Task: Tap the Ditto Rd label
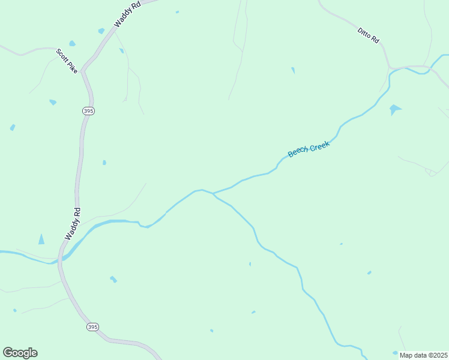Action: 369,35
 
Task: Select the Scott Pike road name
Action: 67,61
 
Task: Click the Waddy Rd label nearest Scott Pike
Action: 129,14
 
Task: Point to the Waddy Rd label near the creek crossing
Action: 73,224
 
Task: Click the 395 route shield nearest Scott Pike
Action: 89,111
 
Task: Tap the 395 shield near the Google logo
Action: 92,327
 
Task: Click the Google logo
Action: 20,353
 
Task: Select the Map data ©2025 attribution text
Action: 424,355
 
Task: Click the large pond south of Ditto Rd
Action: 394,109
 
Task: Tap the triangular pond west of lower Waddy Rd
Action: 41,239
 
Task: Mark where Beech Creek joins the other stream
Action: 213,193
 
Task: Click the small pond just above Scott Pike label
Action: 72,43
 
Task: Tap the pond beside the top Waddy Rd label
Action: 101,31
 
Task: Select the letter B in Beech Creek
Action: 291,155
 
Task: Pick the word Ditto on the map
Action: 364,31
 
